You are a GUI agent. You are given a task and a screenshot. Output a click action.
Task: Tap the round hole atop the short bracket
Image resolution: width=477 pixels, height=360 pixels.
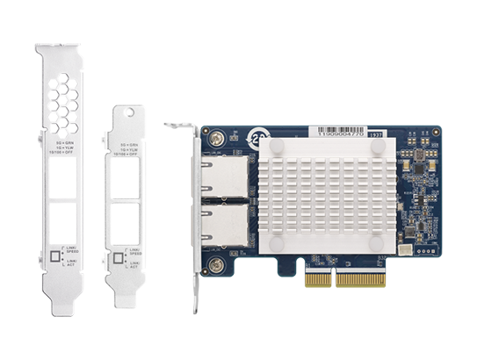pos(132,117)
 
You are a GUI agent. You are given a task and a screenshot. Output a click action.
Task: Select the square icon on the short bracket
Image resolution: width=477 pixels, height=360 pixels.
pos(118,258)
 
